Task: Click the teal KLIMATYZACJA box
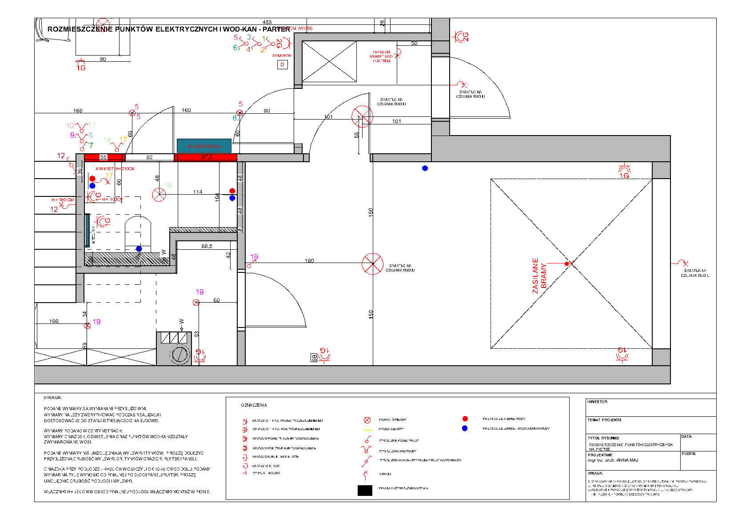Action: [x=204, y=146]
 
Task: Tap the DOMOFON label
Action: [x=282, y=56]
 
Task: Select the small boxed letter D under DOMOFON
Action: [x=282, y=65]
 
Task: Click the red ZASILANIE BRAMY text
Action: [x=539, y=275]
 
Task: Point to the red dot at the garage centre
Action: [x=566, y=264]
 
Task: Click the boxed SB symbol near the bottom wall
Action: [x=314, y=357]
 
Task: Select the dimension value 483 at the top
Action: [x=267, y=22]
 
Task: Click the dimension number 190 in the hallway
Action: [x=309, y=261]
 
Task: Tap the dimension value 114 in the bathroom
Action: [x=198, y=192]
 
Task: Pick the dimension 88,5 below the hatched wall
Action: [x=207, y=246]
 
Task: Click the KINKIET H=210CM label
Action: [x=115, y=169]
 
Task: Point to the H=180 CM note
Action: [x=63, y=200]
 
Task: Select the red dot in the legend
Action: [x=465, y=419]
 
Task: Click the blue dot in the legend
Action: [x=465, y=428]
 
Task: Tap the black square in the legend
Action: [x=365, y=490]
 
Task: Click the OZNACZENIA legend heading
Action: [x=254, y=405]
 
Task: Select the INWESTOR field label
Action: [x=597, y=402]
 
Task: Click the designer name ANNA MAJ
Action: [x=627, y=460]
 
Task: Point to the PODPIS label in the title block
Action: [x=688, y=454]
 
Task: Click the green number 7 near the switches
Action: [x=91, y=145]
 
